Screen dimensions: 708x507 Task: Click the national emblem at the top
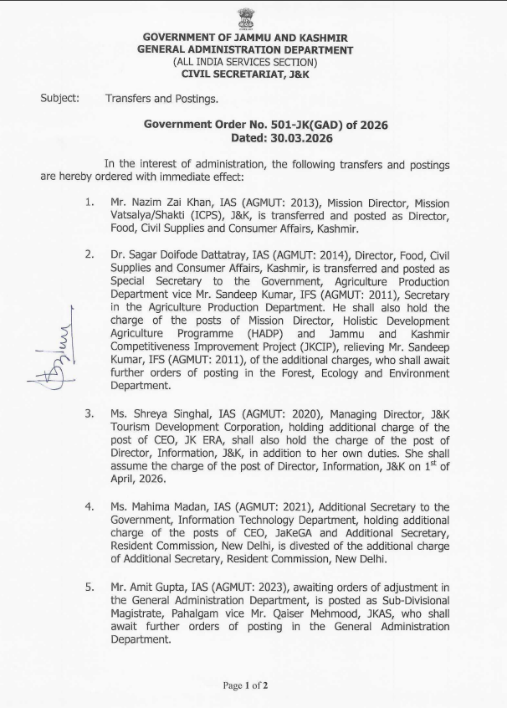click(246, 18)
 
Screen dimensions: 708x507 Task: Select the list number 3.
click(89, 413)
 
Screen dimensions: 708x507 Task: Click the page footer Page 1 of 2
click(245, 686)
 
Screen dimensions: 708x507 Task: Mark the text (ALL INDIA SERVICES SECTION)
click(245, 62)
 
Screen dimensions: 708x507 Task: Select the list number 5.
click(89, 587)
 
